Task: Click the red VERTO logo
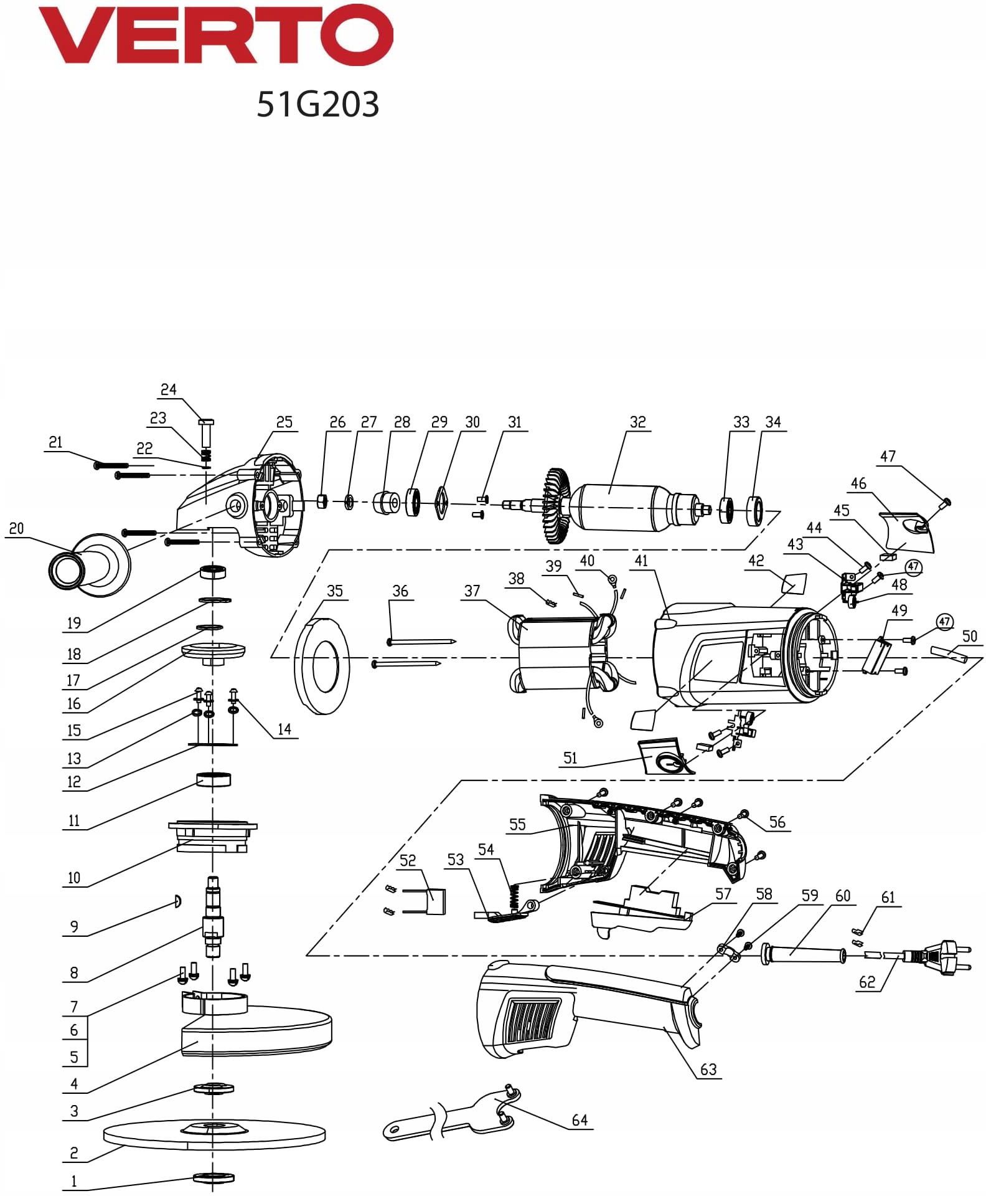(216, 35)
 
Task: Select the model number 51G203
(318, 104)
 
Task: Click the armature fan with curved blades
(556, 506)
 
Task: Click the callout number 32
(638, 422)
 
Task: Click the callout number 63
(708, 1069)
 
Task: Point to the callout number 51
(570, 757)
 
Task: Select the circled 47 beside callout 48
(913, 566)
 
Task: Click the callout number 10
(74, 878)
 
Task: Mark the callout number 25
(284, 422)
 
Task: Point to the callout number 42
(756, 560)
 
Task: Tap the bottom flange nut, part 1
(214, 1177)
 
